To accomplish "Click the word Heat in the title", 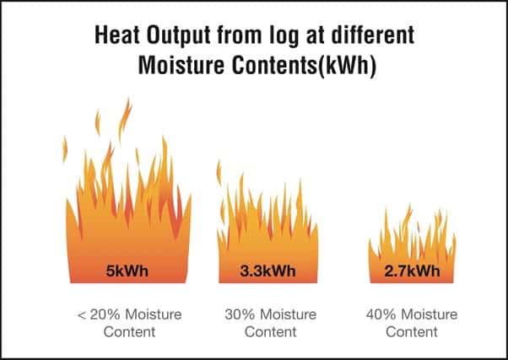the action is coord(117,35).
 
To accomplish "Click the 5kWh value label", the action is coord(127,271).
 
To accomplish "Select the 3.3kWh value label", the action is coord(268,271).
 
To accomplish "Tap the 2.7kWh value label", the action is coord(412,271).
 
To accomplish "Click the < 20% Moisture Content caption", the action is coord(130,323).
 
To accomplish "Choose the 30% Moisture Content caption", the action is coord(271,323).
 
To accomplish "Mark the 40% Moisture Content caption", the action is coord(412,323).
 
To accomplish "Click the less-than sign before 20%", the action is coord(82,315).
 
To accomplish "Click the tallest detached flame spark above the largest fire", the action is coord(125,119).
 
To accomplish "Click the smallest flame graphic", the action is coord(412,244).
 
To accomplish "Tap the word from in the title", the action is coord(240,35).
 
